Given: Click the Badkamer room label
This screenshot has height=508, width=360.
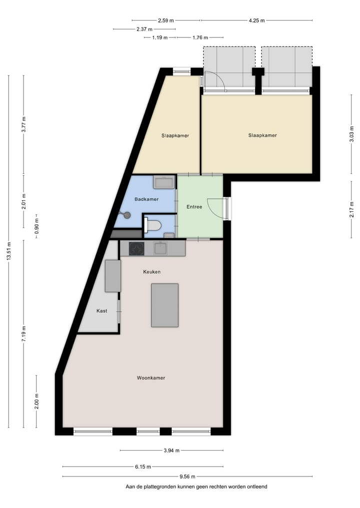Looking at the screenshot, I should (146, 199).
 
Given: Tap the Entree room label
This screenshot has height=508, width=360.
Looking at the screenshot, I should (194, 207).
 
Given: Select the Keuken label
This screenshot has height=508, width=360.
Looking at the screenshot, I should (151, 272).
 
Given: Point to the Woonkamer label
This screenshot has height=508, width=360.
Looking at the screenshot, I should (151, 378).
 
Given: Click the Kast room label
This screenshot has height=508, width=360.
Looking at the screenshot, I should (101, 311).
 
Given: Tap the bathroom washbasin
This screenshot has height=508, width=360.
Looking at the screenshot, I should (163, 182).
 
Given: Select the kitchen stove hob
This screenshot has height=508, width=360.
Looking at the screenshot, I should (136, 248).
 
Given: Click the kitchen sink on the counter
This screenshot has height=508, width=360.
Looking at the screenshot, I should (160, 248).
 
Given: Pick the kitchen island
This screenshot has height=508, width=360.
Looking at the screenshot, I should (165, 305).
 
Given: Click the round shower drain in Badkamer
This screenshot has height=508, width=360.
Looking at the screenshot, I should (127, 215).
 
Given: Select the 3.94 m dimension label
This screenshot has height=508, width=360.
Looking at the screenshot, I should (172, 451).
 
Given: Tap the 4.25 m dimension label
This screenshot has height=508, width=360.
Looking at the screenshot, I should (256, 20).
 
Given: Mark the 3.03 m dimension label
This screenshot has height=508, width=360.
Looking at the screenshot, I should (351, 134).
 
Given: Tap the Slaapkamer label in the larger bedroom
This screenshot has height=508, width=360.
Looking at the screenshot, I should (262, 135).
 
